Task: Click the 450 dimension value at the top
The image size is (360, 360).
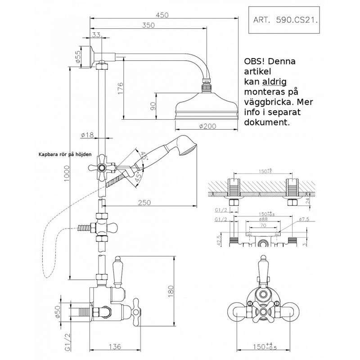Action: pos(162,14)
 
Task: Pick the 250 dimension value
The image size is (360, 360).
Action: pos(144,203)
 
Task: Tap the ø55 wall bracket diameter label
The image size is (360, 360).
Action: pos(77,55)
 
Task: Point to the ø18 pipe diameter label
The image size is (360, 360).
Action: pos(87,135)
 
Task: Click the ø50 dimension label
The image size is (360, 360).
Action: pos(71,310)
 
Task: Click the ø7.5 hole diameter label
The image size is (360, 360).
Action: pos(305,219)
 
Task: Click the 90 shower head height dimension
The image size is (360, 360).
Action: pos(153,107)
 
